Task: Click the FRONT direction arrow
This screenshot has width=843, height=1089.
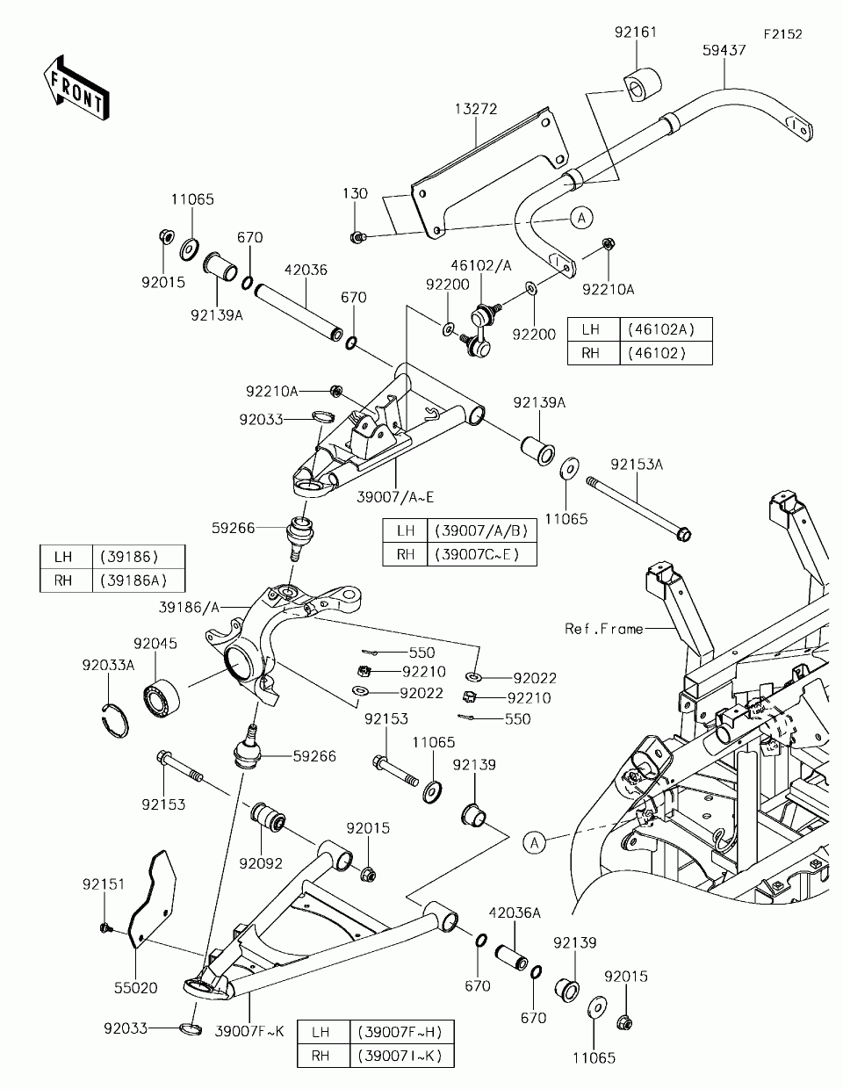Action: tap(76, 88)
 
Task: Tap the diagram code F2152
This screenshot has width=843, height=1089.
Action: tap(783, 34)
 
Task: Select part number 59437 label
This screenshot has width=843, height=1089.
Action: tap(724, 50)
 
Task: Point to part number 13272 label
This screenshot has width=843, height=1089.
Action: tap(476, 109)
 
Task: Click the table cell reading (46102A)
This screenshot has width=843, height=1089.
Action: tap(666, 329)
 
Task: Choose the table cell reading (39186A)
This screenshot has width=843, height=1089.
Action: tap(138, 581)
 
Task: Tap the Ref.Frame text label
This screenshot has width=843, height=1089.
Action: tap(603, 629)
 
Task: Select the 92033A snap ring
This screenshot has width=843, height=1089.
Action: tap(115, 720)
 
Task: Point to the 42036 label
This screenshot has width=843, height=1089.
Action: tap(306, 270)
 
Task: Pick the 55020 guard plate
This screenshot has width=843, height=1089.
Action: tap(153, 898)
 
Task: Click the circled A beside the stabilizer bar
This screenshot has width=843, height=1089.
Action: tap(581, 218)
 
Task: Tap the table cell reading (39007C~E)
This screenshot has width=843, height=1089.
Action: tap(482, 554)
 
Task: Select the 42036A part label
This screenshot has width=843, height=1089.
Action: tap(515, 912)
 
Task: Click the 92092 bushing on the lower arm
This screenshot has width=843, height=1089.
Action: tap(268, 818)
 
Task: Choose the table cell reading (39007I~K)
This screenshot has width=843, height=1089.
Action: tap(401, 1056)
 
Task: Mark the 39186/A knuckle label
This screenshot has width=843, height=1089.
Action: tap(189, 608)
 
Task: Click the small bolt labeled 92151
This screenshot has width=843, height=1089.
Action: tap(105, 928)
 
